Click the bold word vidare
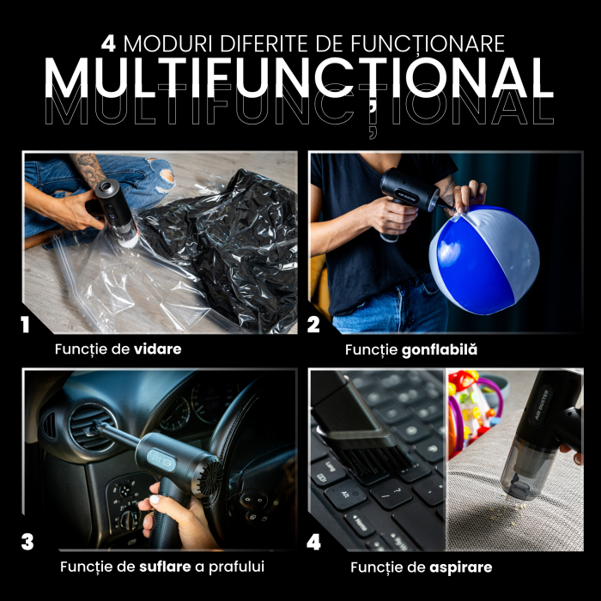(x=157, y=349)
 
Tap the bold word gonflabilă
(x=440, y=349)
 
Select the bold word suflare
(x=165, y=567)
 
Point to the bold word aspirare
(x=461, y=568)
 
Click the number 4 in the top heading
(x=108, y=44)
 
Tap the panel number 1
(x=25, y=325)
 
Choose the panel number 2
(x=313, y=325)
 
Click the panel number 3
(x=27, y=543)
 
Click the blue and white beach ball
(x=484, y=260)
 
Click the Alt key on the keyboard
(x=343, y=495)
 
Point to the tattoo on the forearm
(x=90, y=169)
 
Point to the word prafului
(x=236, y=567)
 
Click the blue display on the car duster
(x=161, y=460)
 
